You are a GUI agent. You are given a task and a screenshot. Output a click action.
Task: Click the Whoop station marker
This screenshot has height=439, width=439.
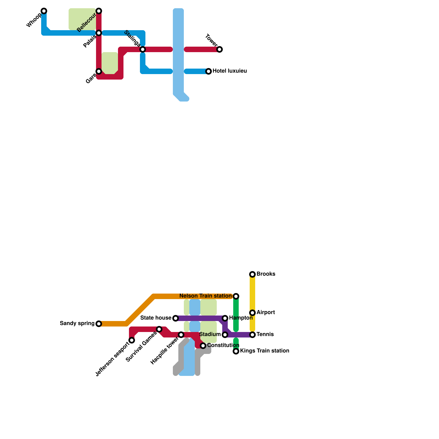coord(44,11)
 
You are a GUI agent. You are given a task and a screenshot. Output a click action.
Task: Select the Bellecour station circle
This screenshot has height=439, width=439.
coord(99,11)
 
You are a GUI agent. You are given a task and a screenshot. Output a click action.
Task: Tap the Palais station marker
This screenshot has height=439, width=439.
coord(99,33)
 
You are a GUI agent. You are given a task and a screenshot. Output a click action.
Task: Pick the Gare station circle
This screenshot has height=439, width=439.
coord(99,71)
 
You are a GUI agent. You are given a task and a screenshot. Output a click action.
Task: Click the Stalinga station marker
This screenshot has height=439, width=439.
coord(143,49)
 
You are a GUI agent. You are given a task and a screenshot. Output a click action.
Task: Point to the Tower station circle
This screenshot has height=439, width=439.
coord(219,49)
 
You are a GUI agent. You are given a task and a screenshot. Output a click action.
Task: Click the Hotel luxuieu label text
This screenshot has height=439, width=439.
coord(230,71)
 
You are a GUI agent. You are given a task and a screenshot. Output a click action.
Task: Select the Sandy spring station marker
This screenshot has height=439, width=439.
coord(99,324)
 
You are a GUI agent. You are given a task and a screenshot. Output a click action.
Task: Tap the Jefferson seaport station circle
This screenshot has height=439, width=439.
coord(132,340)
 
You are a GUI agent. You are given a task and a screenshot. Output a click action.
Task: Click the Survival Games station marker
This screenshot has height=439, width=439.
coord(159,329)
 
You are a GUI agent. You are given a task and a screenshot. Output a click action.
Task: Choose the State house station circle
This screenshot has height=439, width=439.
coord(176,318)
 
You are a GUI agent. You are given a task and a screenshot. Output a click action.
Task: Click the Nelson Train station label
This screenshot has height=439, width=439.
coord(206,296)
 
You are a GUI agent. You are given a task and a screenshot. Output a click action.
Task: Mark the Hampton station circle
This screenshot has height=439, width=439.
coord(225,318)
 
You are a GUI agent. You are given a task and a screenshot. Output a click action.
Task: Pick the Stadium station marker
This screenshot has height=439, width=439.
coord(225,335)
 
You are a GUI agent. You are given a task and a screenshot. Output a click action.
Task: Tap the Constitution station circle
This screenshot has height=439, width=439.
coord(203,346)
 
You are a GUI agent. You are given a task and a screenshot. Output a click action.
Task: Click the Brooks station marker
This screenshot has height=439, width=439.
coord(252,274)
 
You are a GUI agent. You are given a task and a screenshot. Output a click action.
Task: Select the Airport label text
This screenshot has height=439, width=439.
coord(266,313)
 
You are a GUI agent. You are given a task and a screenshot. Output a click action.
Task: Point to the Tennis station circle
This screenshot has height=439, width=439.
coord(252,335)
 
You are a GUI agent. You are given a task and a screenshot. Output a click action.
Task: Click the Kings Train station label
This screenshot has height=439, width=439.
coord(264,351)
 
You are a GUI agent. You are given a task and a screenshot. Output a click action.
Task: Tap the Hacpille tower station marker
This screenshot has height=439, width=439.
coord(181,335)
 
